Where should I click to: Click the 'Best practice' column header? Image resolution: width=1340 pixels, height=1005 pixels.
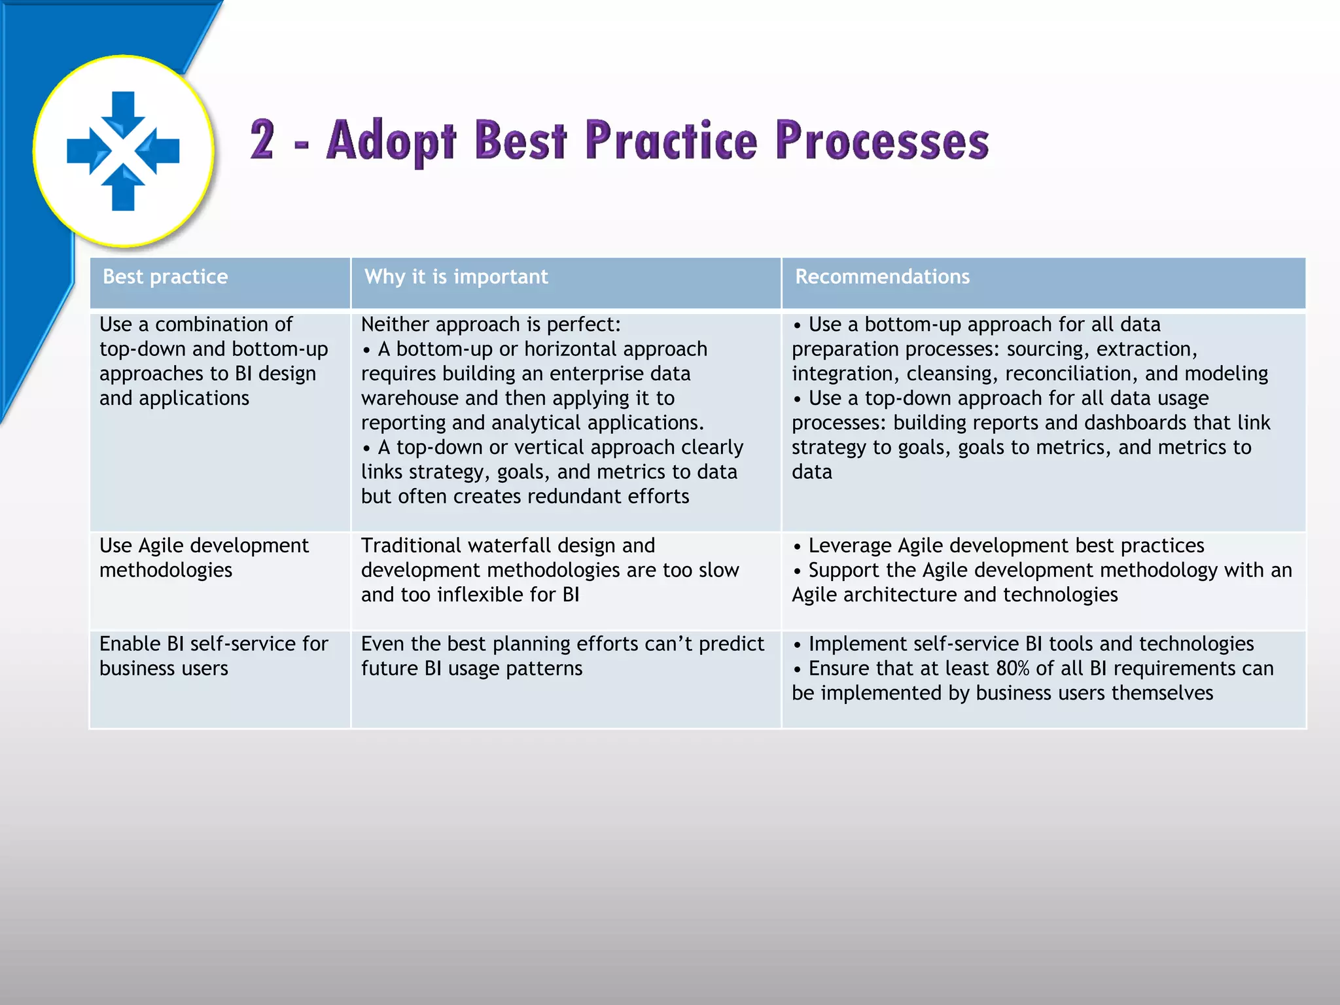[165, 277]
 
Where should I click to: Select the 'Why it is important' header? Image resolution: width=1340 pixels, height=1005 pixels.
[456, 277]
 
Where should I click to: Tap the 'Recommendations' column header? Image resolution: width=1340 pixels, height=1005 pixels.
[882, 277]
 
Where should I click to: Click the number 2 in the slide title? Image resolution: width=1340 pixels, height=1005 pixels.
[263, 140]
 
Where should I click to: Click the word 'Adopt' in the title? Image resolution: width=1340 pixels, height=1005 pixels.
[391, 141]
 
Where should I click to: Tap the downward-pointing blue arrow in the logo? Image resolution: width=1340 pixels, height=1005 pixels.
[123, 113]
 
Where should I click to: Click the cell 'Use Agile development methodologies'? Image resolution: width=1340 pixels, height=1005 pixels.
[204, 557]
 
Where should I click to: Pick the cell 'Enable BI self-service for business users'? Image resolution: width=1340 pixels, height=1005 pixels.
[213, 656]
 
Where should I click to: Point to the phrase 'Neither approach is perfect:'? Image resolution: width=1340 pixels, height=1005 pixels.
[491, 325]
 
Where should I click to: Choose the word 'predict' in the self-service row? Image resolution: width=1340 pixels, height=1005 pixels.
[731, 644]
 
